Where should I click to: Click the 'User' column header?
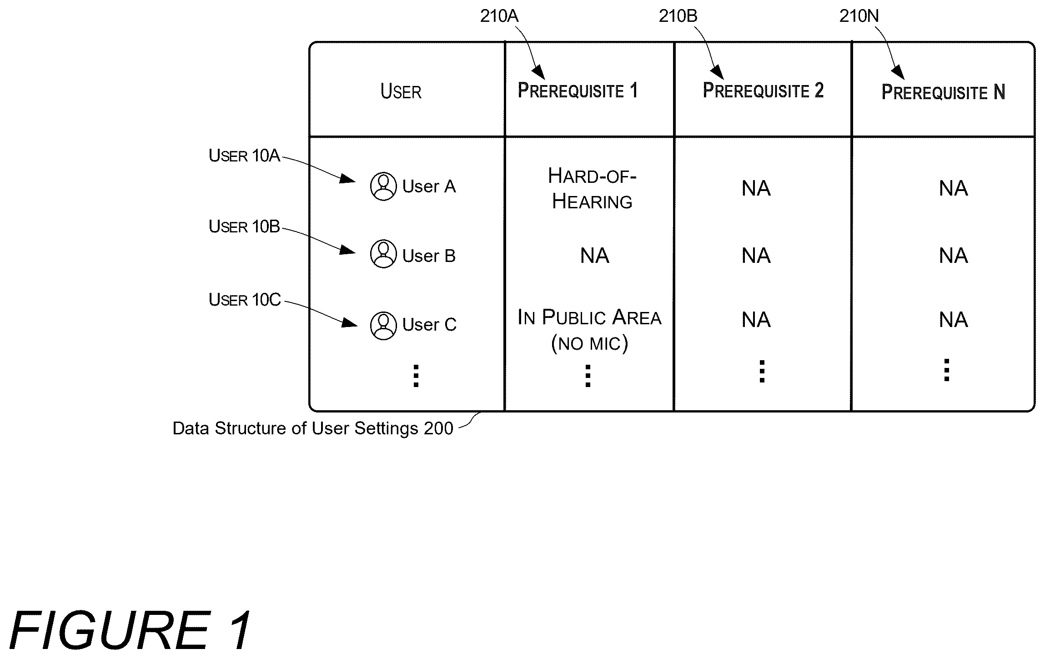(x=401, y=91)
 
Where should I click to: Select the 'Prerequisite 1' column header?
(x=578, y=90)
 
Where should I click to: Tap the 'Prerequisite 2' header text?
(x=763, y=90)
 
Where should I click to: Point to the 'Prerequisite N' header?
(x=943, y=92)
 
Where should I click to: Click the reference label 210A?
(x=499, y=16)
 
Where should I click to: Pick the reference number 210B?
(x=678, y=16)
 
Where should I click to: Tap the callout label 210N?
(x=859, y=16)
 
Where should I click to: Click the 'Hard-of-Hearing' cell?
(x=592, y=189)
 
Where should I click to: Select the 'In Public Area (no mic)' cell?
(x=589, y=330)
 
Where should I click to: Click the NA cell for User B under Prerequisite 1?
(x=595, y=256)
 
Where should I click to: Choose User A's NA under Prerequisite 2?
(x=756, y=188)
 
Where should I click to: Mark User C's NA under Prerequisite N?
(x=954, y=320)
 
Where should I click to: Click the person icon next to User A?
(x=383, y=186)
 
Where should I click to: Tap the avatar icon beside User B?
(x=383, y=254)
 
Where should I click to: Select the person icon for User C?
(x=383, y=326)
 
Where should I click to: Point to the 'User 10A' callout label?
(x=244, y=156)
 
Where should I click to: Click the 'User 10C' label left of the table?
(x=245, y=300)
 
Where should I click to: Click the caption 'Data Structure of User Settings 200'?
(x=313, y=428)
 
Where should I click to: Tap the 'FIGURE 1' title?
(x=130, y=630)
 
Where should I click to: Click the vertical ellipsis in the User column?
(x=416, y=376)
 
